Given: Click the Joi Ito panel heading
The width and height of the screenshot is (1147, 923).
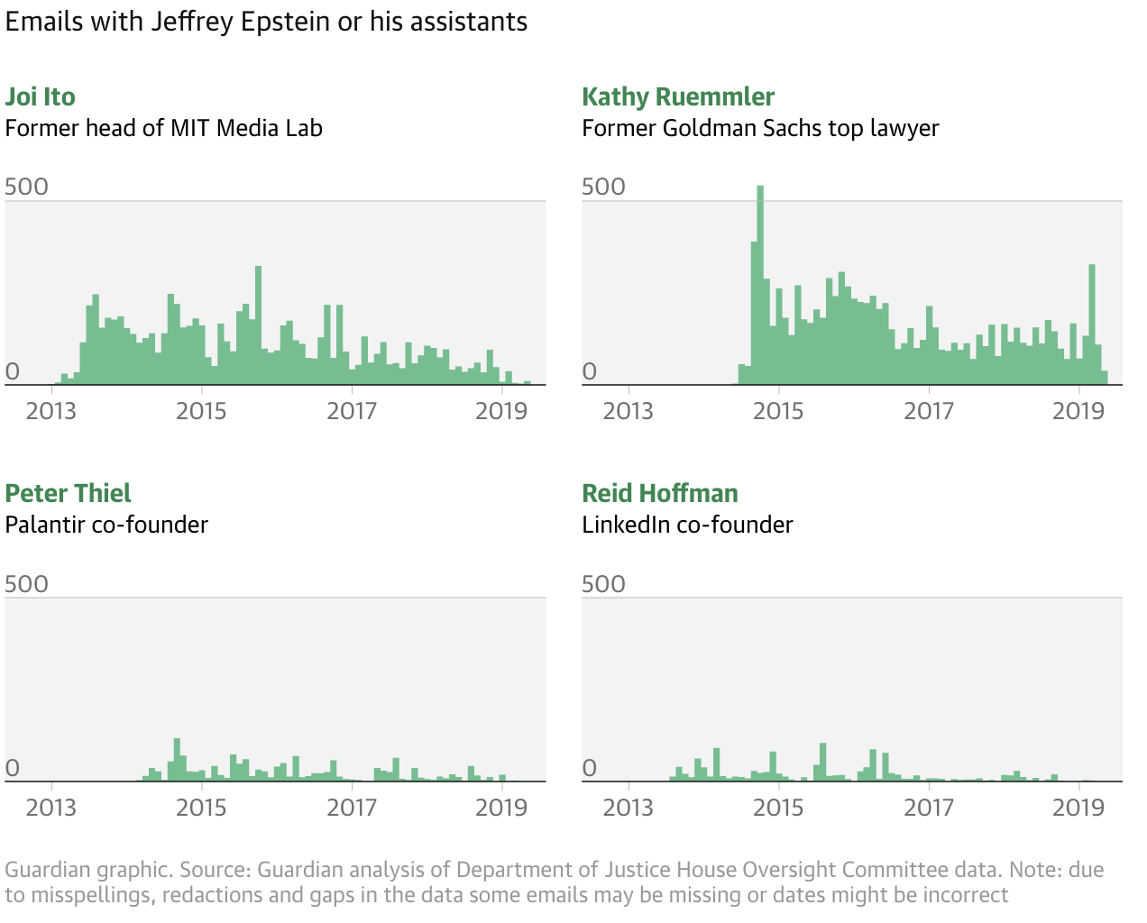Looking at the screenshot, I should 41,97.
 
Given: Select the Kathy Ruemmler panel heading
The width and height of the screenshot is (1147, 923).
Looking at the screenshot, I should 678,97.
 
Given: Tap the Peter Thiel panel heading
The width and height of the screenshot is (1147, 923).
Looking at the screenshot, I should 69,494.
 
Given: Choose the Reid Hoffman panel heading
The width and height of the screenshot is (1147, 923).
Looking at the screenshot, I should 660,494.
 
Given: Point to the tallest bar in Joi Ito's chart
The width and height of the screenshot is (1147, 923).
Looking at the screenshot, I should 258,324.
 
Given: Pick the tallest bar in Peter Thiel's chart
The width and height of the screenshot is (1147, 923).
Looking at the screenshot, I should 177,760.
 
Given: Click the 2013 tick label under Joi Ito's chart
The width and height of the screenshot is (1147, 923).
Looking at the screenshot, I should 51,411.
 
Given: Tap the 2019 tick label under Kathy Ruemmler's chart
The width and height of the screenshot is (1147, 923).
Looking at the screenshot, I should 1078,411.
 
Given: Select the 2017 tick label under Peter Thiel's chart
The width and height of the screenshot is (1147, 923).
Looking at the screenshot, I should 352,807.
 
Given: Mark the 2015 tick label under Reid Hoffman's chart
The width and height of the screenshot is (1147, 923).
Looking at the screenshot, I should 778,807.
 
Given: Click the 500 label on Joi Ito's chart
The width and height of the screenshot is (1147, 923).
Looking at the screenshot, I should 27,187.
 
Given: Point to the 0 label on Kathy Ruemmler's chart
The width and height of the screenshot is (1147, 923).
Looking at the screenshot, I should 590,371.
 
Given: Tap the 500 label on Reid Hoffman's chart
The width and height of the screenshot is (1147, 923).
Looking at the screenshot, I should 604,583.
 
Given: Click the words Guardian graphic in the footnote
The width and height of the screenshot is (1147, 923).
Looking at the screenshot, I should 87,870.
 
